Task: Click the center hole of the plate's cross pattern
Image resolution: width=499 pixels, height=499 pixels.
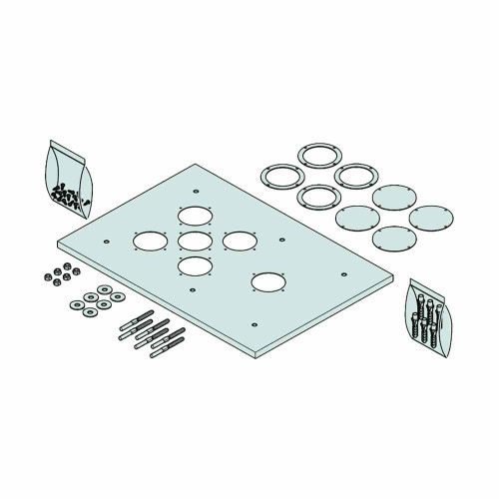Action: pos(195,240)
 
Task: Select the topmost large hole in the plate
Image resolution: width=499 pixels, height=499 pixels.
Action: pos(195,215)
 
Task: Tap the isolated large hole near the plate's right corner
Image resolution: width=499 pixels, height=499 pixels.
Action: pos(266,282)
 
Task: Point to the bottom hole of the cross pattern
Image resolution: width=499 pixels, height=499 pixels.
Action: pos(195,265)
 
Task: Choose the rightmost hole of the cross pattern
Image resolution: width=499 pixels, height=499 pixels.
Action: pos(239,241)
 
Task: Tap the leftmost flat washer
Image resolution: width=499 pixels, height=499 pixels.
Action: pos(77,303)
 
